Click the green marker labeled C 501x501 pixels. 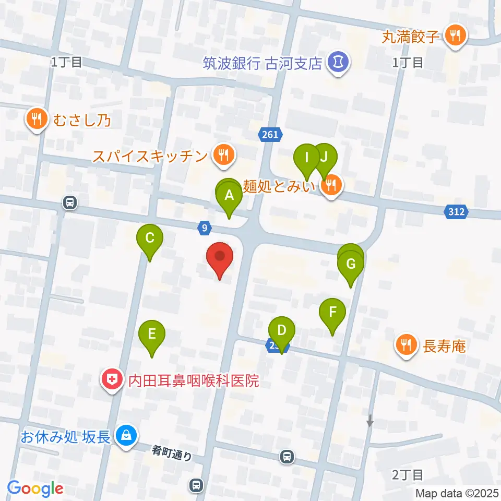pyautogui.click(x=149, y=240)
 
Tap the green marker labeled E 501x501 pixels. pyautogui.click(x=152, y=335)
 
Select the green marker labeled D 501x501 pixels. pyautogui.click(x=282, y=331)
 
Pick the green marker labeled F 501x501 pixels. pyautogui.click(x=333, y=313)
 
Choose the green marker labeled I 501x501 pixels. pyautogui.click(x=307, y=158)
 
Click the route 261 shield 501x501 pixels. pyautogui.click(x=270, y=135)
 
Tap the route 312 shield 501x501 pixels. pyautogui.click(x=458, y=211)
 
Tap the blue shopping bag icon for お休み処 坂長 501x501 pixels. pyautogui.click(x=126, y=435)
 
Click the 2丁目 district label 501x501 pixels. pyautogui.click(x=407, y=475)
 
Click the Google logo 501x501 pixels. pyautogui.click(x=35, y=488)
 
